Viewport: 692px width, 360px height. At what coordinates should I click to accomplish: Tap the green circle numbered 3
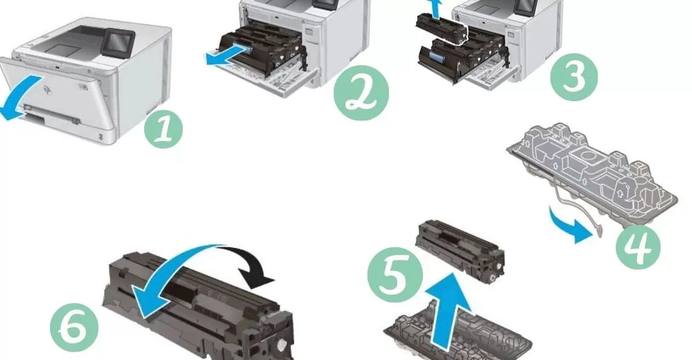tap(573, 78)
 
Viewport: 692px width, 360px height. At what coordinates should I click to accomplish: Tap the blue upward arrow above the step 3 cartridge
tap(437, 10)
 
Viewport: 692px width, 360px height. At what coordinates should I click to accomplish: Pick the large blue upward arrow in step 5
tap(446, 313)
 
